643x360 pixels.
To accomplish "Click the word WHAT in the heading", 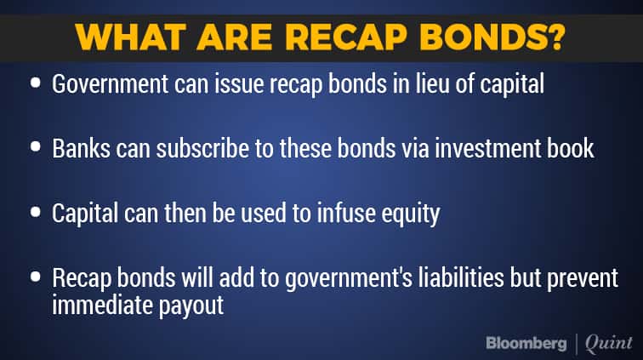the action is [130, 37].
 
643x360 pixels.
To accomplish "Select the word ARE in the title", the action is [235, 37].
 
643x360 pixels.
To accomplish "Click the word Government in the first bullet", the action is [110, 83].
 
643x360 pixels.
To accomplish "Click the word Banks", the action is [81, 148].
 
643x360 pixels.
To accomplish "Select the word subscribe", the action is [202, 148].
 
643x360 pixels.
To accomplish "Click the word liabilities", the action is [461, 277].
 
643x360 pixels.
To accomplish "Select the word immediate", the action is [103, 304].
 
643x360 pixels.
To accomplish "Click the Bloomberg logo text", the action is [526, 343].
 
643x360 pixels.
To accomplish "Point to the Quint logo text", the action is [609, 343].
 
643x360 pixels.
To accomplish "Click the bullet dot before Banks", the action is [36, 146].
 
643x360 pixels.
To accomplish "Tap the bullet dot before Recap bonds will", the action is [36, 277].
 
